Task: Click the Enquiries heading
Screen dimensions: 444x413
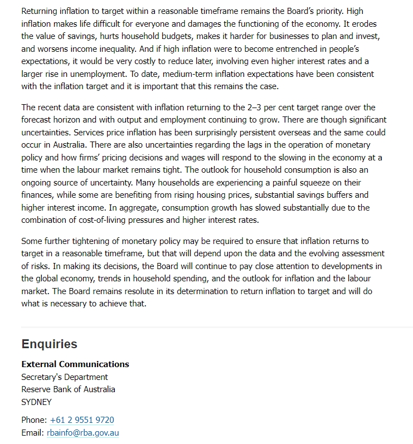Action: coord(49,344)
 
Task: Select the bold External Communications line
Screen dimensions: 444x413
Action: coord(75,364)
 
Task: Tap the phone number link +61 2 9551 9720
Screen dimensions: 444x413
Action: coord(82,420)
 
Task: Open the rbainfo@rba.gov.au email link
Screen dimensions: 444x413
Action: coord(83,433)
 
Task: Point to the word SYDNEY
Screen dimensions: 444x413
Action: coord(36,402)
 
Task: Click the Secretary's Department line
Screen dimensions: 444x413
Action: coord(65,377)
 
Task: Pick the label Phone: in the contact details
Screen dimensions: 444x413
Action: coord(34,420)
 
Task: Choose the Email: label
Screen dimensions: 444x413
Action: coord(32,433)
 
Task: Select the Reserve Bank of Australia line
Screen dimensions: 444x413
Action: coord(68,389)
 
